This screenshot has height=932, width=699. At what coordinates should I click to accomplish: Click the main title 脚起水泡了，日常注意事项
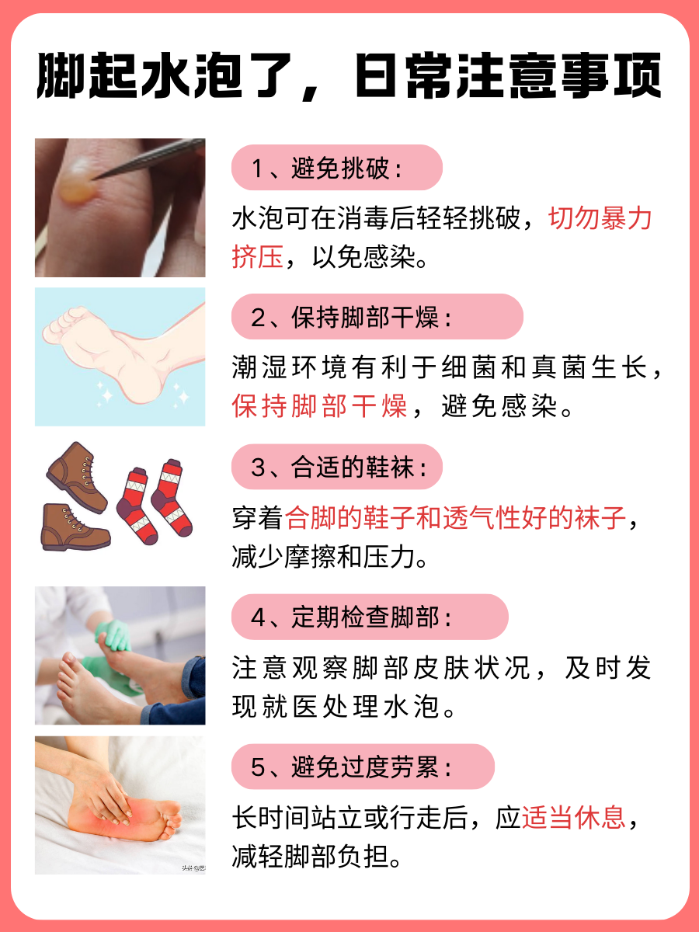click(x=349, y=76)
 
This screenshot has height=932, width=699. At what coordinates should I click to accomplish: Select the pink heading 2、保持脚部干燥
click(x=377, y=317)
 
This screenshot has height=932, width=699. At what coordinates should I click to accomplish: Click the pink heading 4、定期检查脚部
click(x=370, y=617)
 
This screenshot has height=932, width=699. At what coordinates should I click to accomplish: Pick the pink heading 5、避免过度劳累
click(x=363, y=767)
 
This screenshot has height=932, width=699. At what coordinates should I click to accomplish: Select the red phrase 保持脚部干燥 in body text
click(x=319, y=405)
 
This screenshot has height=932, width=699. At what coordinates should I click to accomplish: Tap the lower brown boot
click(x=74, y=527)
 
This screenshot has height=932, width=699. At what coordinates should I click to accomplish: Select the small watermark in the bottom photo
click(x=193, y=868)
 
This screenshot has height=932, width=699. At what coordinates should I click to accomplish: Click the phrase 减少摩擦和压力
click(x=329, y=557)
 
